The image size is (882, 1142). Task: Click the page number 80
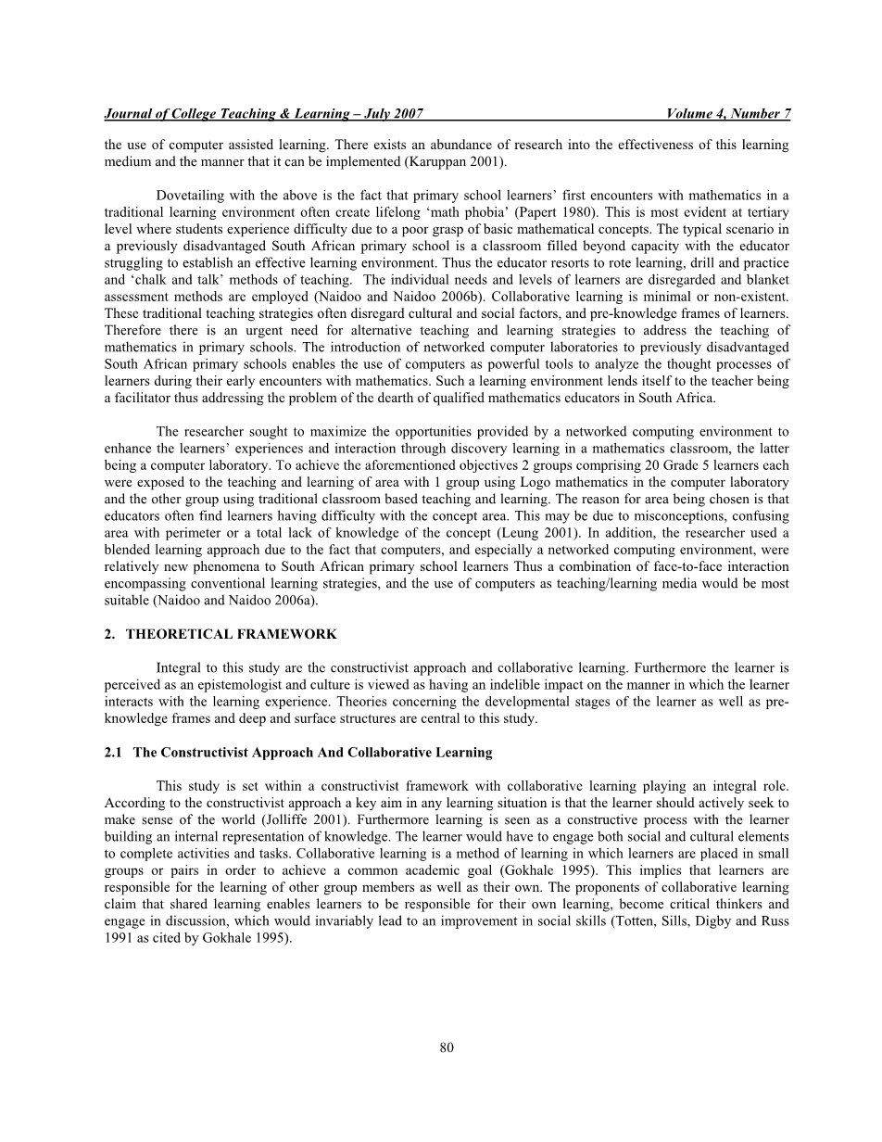[447, 1047]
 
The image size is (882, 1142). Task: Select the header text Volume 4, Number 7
[727, 114]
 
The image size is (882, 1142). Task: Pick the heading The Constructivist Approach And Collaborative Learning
[312, 752]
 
